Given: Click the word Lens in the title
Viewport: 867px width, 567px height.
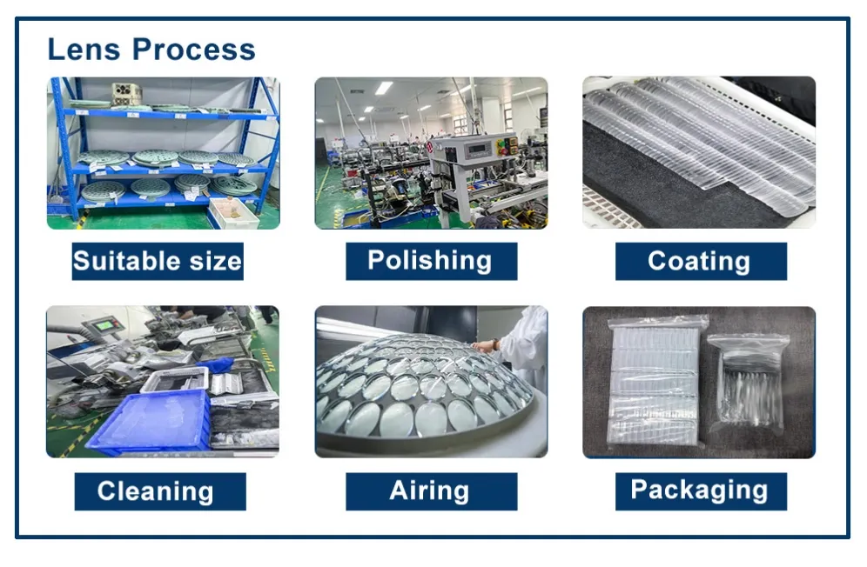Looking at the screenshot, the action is [84, 50].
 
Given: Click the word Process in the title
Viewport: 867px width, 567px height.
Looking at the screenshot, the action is [193, 50].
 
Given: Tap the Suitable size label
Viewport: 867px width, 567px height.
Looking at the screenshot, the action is [158, 261].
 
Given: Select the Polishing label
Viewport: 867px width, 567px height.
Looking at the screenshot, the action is [431, 261].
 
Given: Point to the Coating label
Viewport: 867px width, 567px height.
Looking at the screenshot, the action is [701, 261].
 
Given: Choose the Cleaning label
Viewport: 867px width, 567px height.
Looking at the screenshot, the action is [160, 491].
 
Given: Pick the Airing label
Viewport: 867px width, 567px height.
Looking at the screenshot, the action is [431, 491].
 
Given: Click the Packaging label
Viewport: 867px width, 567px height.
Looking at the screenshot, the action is [701, 491].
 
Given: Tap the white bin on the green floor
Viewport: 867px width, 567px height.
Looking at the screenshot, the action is [233, 213].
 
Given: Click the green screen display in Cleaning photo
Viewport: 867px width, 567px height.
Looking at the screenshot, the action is [104, 326].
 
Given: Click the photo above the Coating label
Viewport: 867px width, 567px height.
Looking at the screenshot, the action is [699, 152].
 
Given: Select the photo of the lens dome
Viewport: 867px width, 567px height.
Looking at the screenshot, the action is [431, 382].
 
